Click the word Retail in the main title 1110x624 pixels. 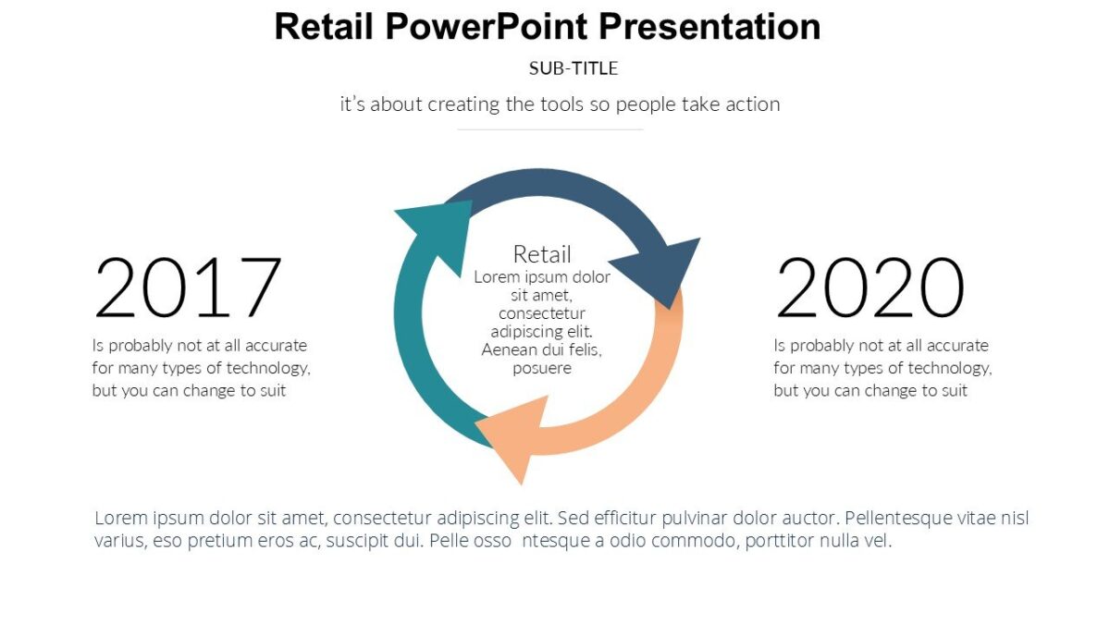click(324, 27)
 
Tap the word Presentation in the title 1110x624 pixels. click(709, 27)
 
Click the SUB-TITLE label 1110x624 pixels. click(573, 68)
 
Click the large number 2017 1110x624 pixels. click(188, 288)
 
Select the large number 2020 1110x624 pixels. click(869, 288)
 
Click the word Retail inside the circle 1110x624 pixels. click(542, 254)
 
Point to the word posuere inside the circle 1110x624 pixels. click(542, 368)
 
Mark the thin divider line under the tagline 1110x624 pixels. click(550, 129)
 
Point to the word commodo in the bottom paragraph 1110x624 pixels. click(688, 541)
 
